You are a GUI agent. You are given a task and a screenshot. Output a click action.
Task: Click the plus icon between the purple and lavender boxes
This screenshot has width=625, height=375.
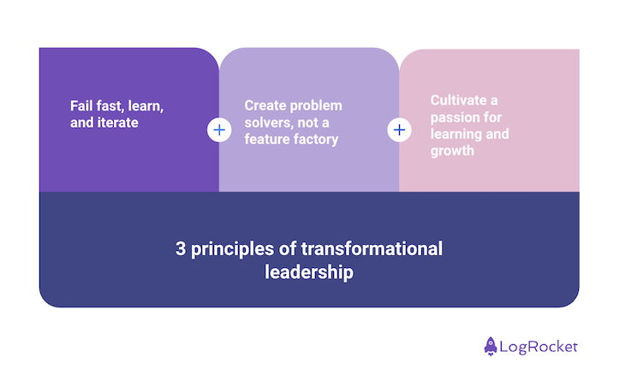coord(219,130)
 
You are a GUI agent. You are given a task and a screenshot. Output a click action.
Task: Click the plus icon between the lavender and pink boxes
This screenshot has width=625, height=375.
coord(399,130)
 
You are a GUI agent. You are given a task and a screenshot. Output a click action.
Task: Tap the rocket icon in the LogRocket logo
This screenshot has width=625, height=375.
coord(491,346)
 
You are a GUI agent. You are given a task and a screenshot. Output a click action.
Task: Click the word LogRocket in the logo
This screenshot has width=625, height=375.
coord(539,347)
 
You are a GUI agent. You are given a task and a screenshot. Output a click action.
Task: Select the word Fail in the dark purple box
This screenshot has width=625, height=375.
coord(82,107)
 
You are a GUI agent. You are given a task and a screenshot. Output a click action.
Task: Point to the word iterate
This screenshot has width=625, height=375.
coord(117,123)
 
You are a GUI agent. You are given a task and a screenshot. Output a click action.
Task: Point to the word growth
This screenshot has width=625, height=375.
coord(452,151)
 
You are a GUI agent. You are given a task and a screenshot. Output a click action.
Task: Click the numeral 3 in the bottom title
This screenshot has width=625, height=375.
coord(181,249)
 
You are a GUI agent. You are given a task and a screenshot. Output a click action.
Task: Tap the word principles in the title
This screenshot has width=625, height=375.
coord(229,249)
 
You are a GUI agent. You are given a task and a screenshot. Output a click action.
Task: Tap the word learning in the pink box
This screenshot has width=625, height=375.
coord(455,134)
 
